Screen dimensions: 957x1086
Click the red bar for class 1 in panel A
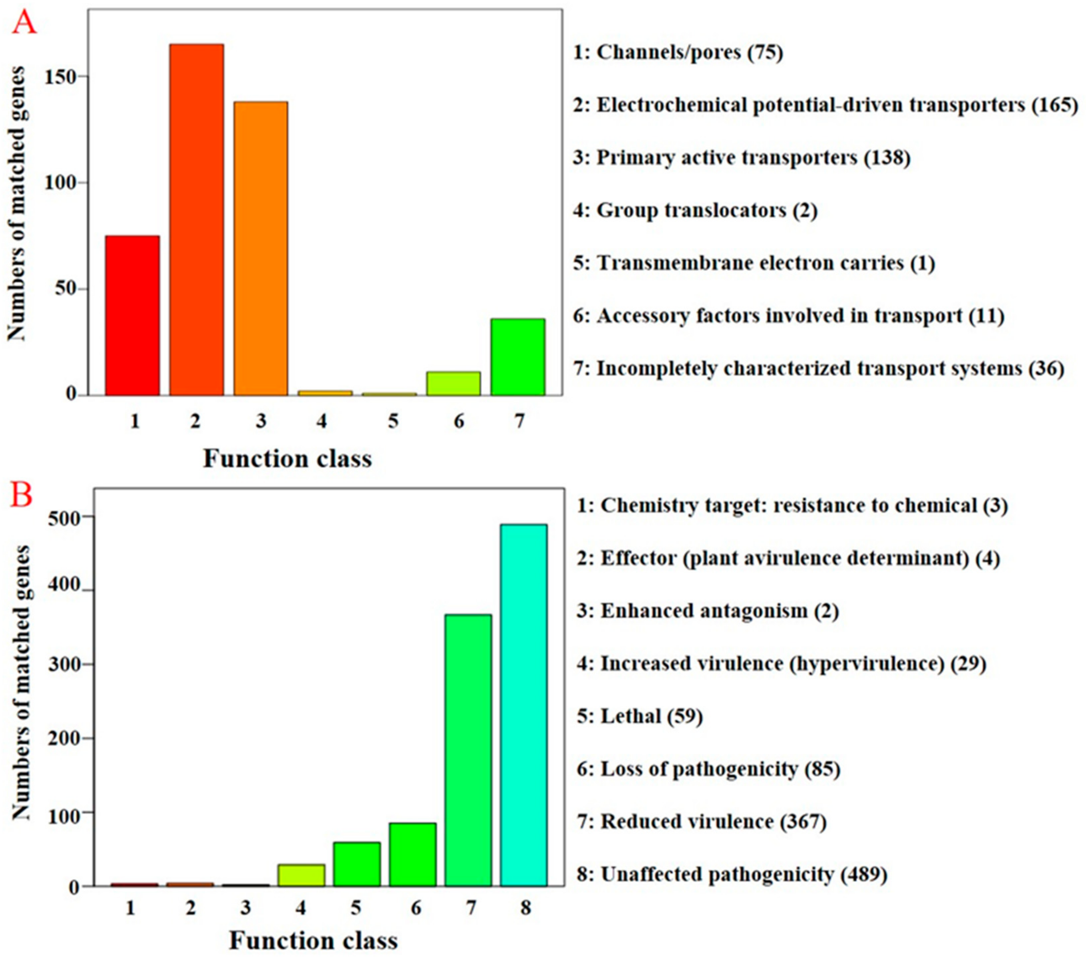pos(132,316)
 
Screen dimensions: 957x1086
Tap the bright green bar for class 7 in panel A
pos(517,357)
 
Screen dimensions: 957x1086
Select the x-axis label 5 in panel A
pos(393,421)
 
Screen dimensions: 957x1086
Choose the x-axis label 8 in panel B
pos(525,908)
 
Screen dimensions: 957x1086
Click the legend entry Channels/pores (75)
pos(678,53)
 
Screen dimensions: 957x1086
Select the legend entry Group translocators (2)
pos(695,210)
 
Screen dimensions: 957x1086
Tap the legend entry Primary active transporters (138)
pos(742,158)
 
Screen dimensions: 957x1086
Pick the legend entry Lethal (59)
pos(640,716)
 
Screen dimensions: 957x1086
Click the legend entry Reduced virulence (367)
pos(701,822)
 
